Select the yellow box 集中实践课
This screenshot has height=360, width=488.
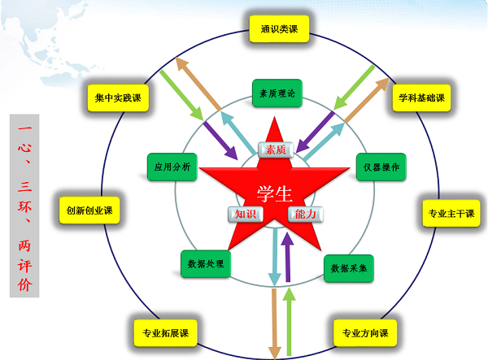point(118,98)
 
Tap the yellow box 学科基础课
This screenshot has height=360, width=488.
point(421,98)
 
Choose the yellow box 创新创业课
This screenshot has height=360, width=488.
point(89,210)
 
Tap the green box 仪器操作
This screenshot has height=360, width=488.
point(381,167)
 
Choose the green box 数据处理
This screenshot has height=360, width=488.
point(206,263)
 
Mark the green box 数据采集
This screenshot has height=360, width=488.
point(348,265)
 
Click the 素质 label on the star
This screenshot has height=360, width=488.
point(274,149)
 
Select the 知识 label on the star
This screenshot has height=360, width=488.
point(241,214)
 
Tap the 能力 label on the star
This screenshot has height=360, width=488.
point(307,214)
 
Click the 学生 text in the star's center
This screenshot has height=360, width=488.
point(274,192)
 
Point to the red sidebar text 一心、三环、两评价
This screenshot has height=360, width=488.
point(23,206)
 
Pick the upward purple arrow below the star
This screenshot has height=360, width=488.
point(285,256)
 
